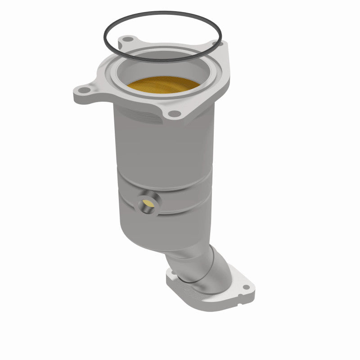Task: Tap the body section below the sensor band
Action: (162, 225)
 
